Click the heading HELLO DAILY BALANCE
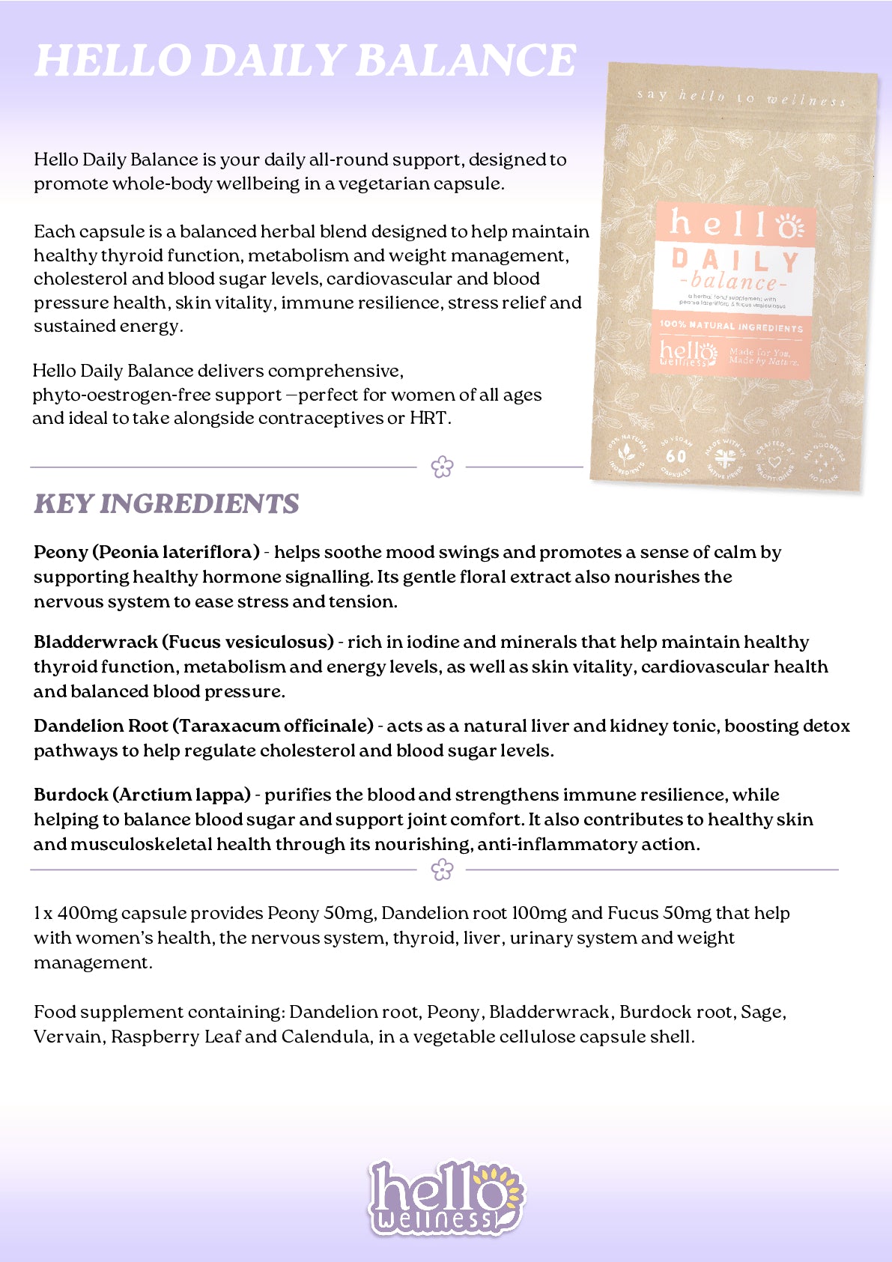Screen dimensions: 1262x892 point(305,61)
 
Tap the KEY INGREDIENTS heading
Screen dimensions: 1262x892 point(166,504)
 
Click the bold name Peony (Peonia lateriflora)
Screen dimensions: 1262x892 point(147,553)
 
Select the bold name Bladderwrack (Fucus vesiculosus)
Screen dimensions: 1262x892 point(183,643)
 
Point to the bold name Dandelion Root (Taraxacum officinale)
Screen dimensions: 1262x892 point(203,726)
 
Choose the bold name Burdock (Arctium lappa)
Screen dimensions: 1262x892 point(142,795)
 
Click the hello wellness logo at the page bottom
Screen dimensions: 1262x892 point(446,1197)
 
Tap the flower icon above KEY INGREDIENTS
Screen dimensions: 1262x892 point(443,467)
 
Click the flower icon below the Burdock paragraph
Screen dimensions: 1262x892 point(443,870)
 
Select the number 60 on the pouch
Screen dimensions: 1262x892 point(676,456)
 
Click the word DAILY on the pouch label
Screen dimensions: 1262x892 point(735,261)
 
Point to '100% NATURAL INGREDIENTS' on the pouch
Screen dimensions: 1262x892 point(731,327)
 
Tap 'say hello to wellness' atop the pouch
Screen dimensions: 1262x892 point(741,97)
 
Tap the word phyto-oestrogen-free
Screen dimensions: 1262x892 point(157,395)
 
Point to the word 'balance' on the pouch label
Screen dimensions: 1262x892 point(734,282)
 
